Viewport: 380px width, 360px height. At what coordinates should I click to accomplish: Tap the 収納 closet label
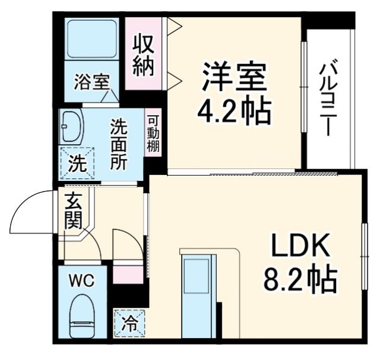pyautogui.click(x=143, y=55)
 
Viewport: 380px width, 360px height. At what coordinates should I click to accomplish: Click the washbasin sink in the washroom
pyautogui.click(x=72, y=126)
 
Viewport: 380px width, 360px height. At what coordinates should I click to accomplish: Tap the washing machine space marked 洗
pyautogui.click(x=76, y=162)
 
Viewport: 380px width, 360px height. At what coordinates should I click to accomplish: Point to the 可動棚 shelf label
pyautogui.click(x=153, y=133)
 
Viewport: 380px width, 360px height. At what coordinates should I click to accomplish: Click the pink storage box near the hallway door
pyautogui.click(x=128, y=275)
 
